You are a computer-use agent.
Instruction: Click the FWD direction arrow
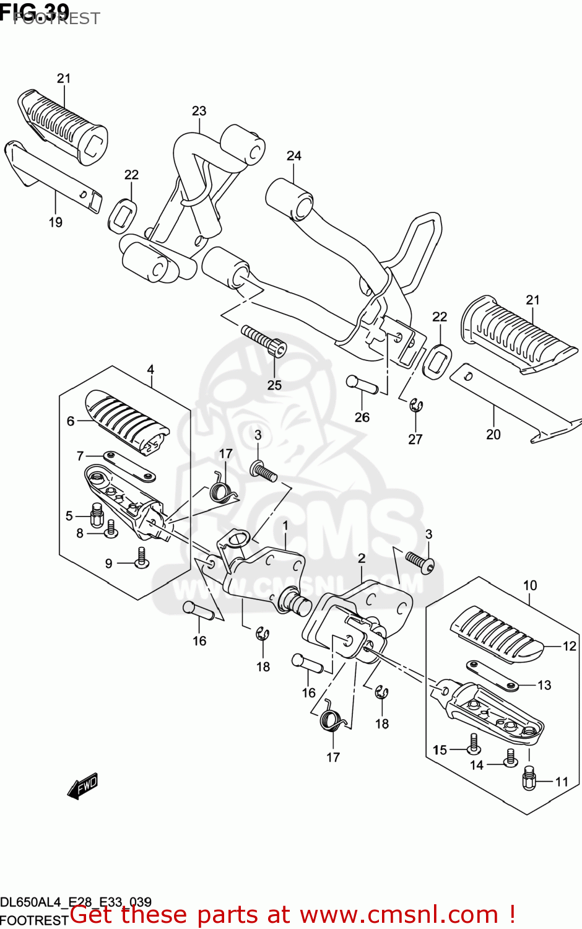click(x=83, y=787)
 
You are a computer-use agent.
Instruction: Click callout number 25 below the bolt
click(x=274, y=385)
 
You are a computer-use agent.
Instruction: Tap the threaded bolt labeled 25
click(x=264, y=341)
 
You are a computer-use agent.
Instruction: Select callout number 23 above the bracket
click(x=199, y=111)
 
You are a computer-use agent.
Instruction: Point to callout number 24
click(x=293, y=155)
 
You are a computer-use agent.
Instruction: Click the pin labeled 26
click(x=362, y=384)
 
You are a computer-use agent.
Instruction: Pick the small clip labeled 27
click(x=416, y=406)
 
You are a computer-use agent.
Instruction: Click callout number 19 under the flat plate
click(x=56, y=222)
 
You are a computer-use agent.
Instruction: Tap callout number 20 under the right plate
click(x=493, y=435)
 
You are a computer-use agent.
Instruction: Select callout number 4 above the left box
click(x=150, y=370)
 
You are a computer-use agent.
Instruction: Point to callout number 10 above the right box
click(x=530, y=585)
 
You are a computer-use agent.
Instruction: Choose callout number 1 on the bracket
click(x=285, y=526)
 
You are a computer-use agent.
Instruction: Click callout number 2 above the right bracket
click(x=362, y=559)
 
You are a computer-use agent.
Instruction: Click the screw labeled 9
click(x=142, y=559)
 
